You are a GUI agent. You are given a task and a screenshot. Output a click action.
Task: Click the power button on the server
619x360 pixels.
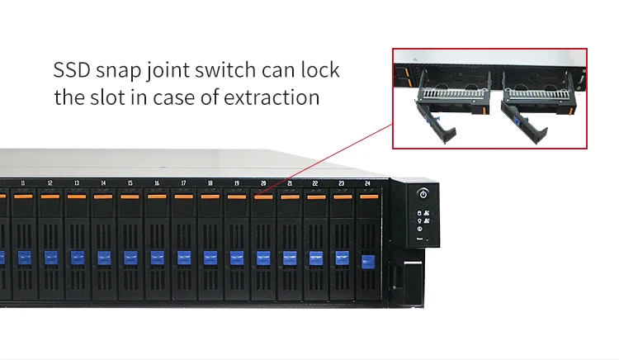pyautogui.click(x=423, y=194)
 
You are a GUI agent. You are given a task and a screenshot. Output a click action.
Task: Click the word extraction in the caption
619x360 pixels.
pyautogui.click(x=272, y=97)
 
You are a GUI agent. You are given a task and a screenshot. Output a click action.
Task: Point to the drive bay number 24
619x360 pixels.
pyautogui.click(x=367, y=183)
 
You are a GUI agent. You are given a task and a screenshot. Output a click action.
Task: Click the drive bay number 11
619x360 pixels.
pyautogui.click(x=23, y=183)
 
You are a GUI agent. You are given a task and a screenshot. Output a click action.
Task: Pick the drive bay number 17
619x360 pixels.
pyautogui.click(x=183, y=183)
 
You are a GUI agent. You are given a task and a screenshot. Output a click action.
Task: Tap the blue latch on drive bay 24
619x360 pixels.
pyautogui.click(x=368, y=261)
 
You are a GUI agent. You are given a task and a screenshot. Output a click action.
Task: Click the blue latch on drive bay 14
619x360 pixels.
pyautogui.click(x=104, y=258)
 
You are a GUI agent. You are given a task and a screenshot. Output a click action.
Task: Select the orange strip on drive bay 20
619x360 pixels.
pyautogui.click(x=263, y=197)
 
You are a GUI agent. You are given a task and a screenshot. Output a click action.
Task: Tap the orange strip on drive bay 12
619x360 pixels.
pyautogui.click(x=50, y=197)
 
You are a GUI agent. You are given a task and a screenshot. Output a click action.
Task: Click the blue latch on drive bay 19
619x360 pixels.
pyautogui.click(x=237, y=258)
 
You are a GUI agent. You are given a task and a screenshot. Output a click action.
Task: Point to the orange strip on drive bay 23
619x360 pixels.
pyautogui.click(x=343, y=197)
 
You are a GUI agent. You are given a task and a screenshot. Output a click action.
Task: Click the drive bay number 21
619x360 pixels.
pyautogui.click(x=290, y=183)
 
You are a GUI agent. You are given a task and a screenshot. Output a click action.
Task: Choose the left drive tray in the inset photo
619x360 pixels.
pyautogui.click(x=452, y=105)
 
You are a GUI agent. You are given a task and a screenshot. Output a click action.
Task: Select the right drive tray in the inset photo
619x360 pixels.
pyautogui.click(x=539, y=105)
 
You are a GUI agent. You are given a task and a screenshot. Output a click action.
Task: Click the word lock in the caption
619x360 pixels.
pyautogui.click(x=320, y=70)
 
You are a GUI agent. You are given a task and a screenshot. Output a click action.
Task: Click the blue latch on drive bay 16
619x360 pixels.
pyautogui.click(x=157, y=258)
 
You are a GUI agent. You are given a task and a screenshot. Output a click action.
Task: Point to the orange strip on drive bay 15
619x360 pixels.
pyautogui.click(x=130, y=197)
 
